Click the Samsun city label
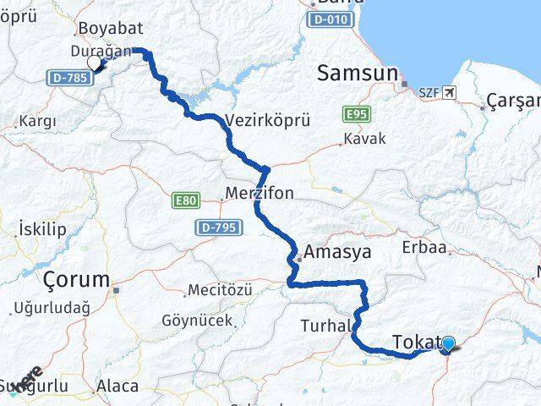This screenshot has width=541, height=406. [x=357, y=74]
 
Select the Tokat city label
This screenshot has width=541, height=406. [x=415, y=343]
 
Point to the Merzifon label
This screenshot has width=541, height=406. [x=260, y=194]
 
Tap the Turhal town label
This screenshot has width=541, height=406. [x=325, y=326]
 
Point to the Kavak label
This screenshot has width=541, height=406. [x=363, y=138]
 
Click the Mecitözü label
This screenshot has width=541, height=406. [x=220, y=290]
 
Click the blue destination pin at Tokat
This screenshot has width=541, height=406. [x=448, y=343]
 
